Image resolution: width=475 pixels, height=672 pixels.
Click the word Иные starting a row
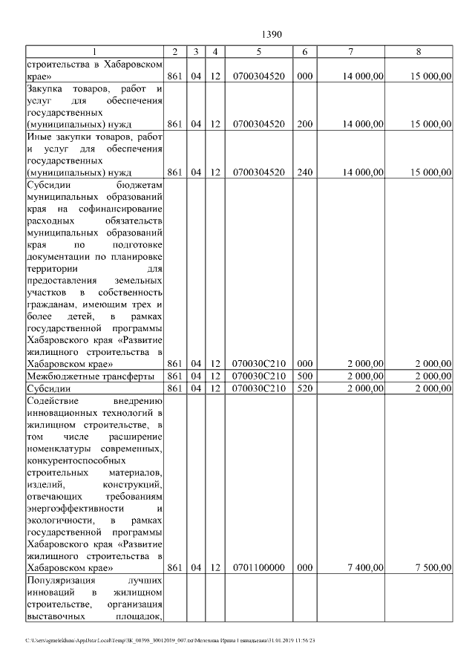39,137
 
